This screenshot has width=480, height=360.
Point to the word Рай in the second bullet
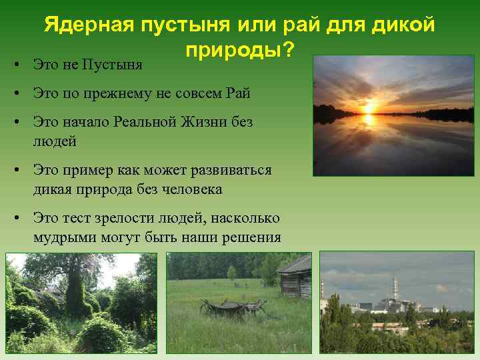238,94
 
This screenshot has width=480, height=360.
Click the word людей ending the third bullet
55,141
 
